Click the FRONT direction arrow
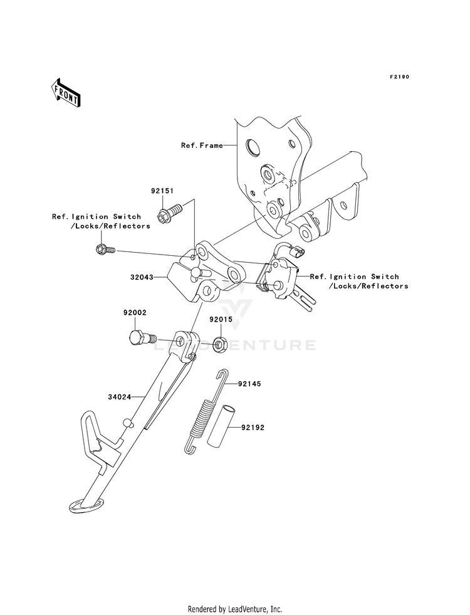click(66, 93)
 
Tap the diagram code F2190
click(399, 77)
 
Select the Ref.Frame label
click(202, 145)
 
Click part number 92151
click(162, 191)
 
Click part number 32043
click(142, 277)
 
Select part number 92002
click(135, 313)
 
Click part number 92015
click(221, 319)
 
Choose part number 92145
click(249, 384)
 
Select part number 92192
click(253, 428)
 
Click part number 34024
click(120, 397)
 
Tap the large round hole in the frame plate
click(253, 147)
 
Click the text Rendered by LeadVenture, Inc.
click(235, 609)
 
